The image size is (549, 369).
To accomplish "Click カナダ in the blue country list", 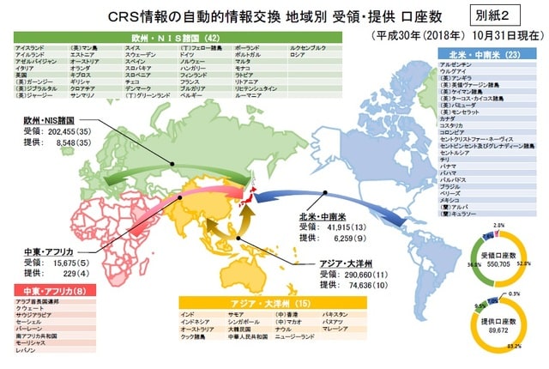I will tap(447, 118).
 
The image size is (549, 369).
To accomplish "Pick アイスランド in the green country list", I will tap(29, 47).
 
